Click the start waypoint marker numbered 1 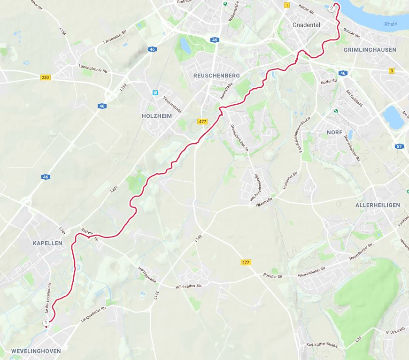(46, 323)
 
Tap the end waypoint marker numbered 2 (332, 8)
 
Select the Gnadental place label (306, 25)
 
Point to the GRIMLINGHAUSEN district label (370, 49)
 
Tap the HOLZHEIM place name (156, 115)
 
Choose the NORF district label (335, 132)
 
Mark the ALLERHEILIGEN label (378, 205)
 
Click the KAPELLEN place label (47, 243)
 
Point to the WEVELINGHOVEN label (36, 351)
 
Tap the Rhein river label (390, 24)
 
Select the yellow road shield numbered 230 (45, 77)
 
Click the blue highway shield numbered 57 (399, 146)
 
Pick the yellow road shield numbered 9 (392, 71)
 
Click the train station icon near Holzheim (154, 93)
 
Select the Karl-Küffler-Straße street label (322, 345)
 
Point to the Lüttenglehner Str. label (94, 69)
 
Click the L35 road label (359, 338)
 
